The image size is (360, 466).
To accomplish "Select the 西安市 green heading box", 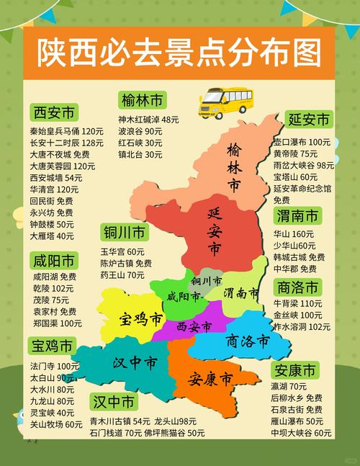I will [x=54, y=113].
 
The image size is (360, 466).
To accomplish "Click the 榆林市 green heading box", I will [x=143, y=99].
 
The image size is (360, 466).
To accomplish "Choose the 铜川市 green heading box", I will [x=125, y=233].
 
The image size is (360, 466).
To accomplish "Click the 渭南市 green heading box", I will [x=297, y=216].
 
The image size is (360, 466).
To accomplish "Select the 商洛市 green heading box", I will [x=297, y=287].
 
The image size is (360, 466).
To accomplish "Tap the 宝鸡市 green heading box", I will [x=52, y=347].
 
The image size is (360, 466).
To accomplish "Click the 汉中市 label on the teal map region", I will [x=134, y=362].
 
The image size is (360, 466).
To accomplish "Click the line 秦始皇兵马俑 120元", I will [x=66, y=132].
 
